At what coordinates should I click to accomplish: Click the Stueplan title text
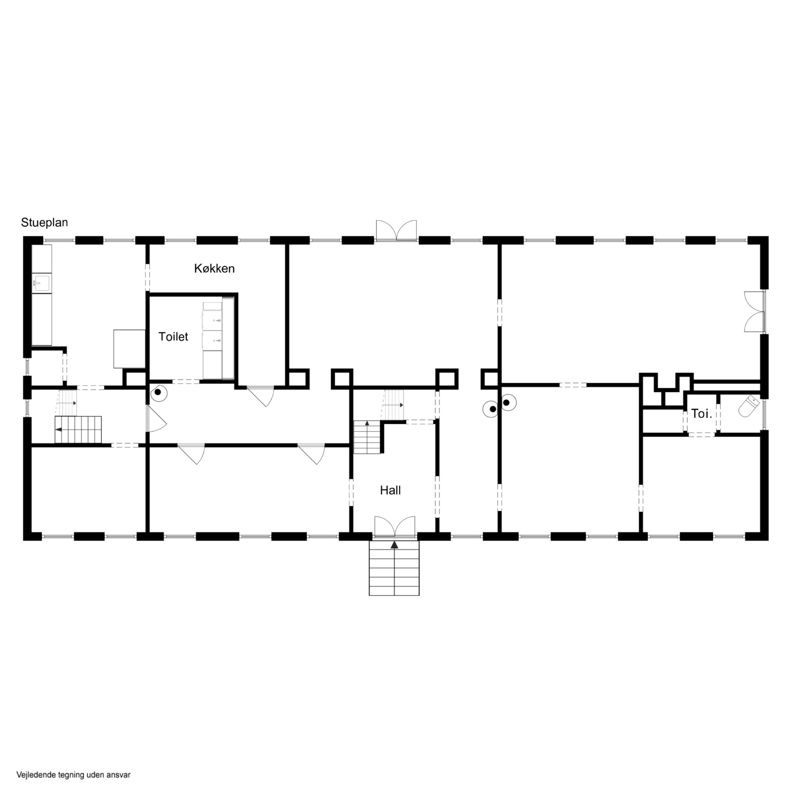(44, 223)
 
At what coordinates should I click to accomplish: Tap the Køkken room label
(214, 269)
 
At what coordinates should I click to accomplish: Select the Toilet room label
(173, 337)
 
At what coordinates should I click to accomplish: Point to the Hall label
(390, 490)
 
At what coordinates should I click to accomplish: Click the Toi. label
(702, 414)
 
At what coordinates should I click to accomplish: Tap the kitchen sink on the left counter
(41, 283)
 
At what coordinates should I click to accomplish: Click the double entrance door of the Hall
(395, 526)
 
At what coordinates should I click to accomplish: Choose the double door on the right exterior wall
(754, 311)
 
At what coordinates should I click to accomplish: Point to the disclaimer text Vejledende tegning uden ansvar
(74, 775)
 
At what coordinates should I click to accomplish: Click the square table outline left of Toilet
(129, 349)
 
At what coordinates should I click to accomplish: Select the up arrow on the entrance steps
(394, 545)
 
